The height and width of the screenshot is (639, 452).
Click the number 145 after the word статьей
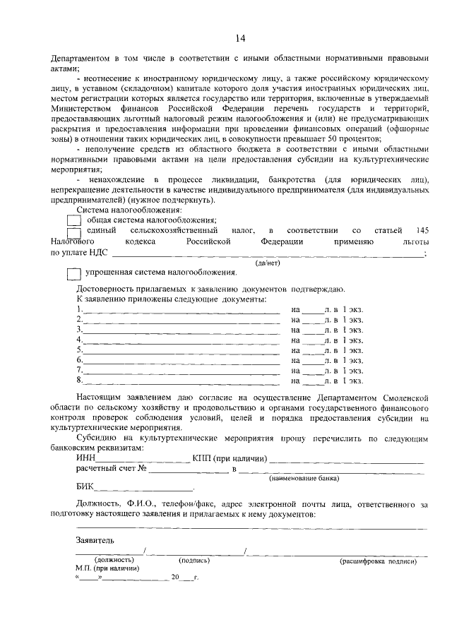(422, 230)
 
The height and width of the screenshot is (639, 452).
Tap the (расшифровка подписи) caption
(378, 561)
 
